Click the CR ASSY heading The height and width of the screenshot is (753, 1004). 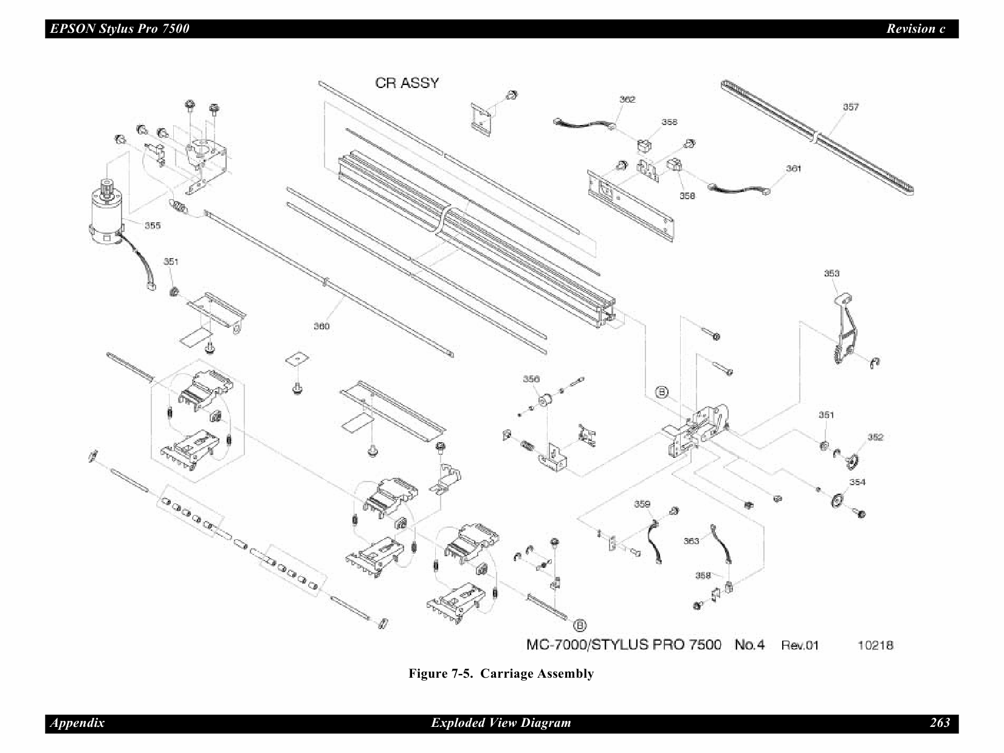pyautogui.click(x=407, y=83)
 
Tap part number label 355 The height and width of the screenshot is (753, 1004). pyautogui.click(x=153, y=226)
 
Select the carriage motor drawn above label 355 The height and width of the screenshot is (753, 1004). pyautogui.click(x=106, y=213)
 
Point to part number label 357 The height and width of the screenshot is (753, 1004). pyautogui.click(x=850, y=107)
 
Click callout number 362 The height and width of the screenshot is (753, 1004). pyautogui.click(x=627, y=99)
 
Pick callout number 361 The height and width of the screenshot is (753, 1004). pyautogui.click(x=793, y=168)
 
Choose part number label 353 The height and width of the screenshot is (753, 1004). pyautogui.click(x=831, y=273)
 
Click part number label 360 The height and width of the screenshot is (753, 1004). pyautogui.click(x=321, y=326)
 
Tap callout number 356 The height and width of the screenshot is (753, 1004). pyautogui.click(x=531, y=379)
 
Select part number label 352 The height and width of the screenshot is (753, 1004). pyautogui.click(x=875, y=437)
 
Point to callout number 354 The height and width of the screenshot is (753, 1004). pyautogui.click(x=857, y=482)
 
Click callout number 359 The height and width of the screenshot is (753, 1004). pyautogui.click(x=642, y=504)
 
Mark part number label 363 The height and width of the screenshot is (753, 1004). pyautogui.click(x=691, y=541)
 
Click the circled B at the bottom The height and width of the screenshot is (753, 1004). pyautogui.click(x=580, y=625)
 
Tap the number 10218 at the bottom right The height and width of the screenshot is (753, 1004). pyautogui.click(x=875, y=646)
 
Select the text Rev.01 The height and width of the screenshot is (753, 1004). pyautogui.click(x=800, y=646)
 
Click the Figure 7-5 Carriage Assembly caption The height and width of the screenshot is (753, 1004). pyautogui.click(x=501, y=673)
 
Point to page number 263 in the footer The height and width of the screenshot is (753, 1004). pyautogui.click(x=940, y=723)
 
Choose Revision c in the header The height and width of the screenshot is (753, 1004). pyautogui.click(x=915, y=29)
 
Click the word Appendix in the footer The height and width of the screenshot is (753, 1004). pyautogui.click(x=77, y=723)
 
